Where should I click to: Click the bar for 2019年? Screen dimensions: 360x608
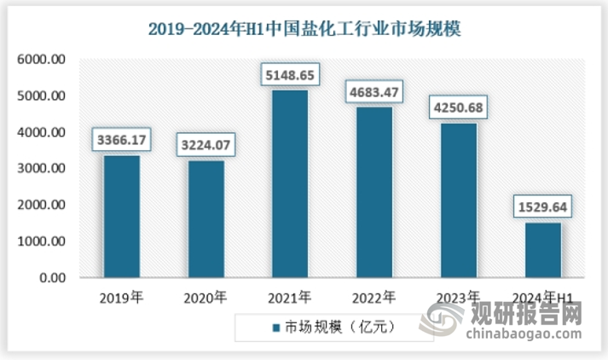(121, 217)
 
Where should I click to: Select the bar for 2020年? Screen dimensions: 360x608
(206, 219)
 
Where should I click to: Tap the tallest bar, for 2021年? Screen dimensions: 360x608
(290, 184)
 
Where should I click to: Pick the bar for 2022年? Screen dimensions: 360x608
(374, 193)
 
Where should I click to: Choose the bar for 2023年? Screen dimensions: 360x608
(459, 200)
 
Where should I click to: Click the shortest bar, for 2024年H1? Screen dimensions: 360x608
(543, 250)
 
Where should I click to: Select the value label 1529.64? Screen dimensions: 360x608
(544, 206)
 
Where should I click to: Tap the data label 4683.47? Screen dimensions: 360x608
(375, 91)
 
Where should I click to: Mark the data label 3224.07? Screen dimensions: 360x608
(206, 144)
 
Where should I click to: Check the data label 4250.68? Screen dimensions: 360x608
(460, 107)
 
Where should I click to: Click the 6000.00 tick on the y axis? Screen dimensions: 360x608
(42, 60)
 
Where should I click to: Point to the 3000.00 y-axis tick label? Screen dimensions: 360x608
(42, 169)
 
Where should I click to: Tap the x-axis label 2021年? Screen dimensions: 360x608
(290, 298)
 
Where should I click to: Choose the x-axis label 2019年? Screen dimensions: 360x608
(121, 298)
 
